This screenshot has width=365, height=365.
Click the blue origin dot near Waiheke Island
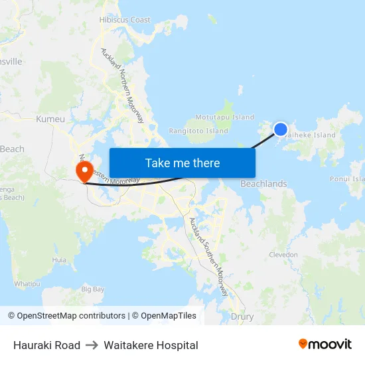coord(281,129)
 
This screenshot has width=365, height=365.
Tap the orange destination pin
coord(84,172)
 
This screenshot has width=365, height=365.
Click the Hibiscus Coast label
coord(125,20)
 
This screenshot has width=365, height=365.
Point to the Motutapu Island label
coord(225,117)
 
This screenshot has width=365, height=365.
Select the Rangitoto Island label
coord(198,131)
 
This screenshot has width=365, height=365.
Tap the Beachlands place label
coord(263,184)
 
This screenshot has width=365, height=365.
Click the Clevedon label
coord(283,255)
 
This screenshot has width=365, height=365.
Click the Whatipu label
coord(27,283)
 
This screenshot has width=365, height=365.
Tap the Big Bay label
coord(93,289)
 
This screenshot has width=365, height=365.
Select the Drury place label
coord(242,317)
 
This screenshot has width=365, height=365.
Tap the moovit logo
coord(325,344)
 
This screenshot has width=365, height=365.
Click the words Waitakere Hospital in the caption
coord(151,345)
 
